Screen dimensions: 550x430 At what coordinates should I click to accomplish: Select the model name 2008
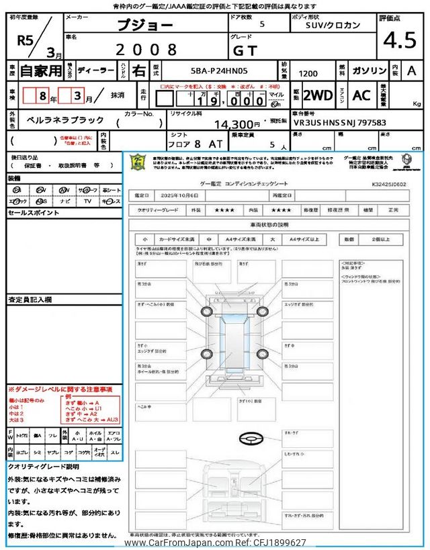[x=146, y=49]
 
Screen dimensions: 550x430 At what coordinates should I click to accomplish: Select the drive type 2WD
[x=318, y=95]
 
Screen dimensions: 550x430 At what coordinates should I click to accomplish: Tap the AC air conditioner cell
[x=361, y=95]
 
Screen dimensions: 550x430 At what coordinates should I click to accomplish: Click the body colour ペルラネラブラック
[x=66, y=120]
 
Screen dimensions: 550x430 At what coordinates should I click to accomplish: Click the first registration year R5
[x=26, y=40]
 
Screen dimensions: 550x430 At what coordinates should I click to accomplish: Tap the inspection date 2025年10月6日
[x=179, y=195]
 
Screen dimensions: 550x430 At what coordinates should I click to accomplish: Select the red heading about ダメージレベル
[x=60, y=389]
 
